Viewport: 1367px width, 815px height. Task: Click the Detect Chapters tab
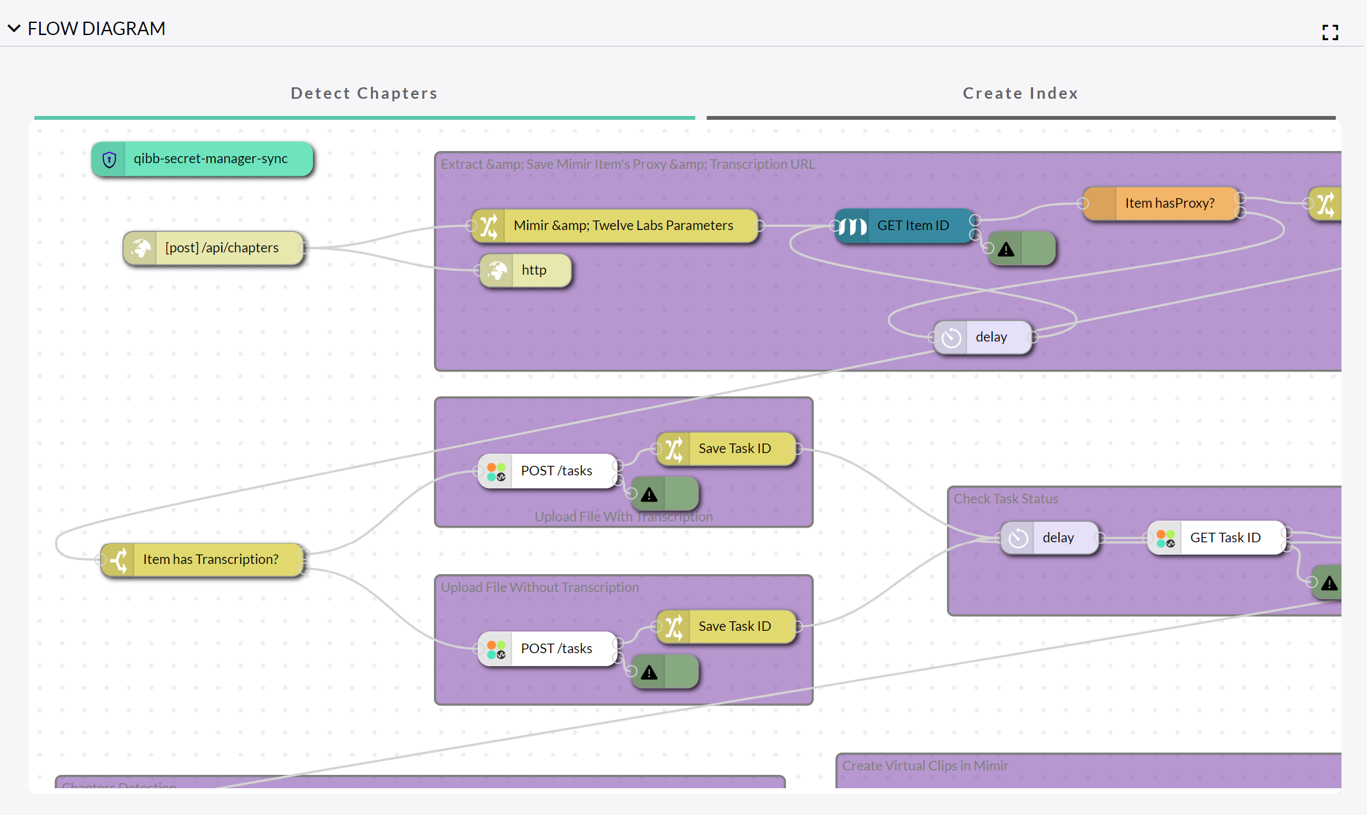click(364, 94)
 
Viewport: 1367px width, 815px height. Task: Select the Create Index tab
click(1020, 94)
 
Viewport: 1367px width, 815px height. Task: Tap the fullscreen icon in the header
click(1330, 32)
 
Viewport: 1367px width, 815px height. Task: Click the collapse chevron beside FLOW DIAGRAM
click(14, 29)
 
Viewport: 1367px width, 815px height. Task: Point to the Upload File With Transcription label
click(623, 517)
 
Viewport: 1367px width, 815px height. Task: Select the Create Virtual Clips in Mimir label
click(925, 766)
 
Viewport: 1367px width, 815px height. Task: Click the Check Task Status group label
click(1006, 499)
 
